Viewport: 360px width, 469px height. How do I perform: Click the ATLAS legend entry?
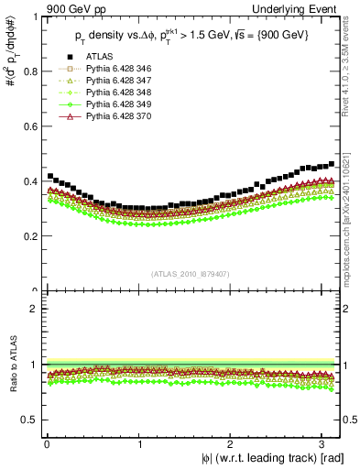pos(102,83)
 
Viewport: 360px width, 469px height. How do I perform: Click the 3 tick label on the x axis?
pos(323,444)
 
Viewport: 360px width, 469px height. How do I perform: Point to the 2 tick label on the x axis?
pos(231,444)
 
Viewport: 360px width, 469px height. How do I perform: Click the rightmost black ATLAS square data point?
pos(332,164)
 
